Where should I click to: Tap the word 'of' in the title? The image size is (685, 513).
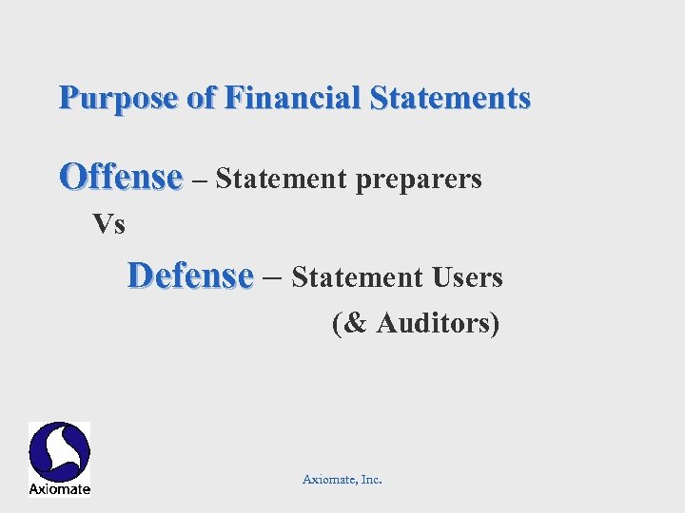203,98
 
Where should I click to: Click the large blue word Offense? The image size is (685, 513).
121,178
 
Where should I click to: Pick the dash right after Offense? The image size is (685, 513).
198,179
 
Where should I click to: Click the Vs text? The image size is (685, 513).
108,225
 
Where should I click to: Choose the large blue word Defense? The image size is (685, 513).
190,276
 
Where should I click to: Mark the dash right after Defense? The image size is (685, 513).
271,276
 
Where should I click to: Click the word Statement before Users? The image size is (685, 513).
358,277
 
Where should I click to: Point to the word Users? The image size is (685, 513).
467,277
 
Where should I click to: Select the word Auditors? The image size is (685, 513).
430,323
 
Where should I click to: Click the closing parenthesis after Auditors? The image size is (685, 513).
495,323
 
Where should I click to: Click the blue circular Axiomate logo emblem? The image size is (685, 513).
59,451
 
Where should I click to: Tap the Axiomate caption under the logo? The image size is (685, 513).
59,489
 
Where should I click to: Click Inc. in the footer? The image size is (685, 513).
371,480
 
